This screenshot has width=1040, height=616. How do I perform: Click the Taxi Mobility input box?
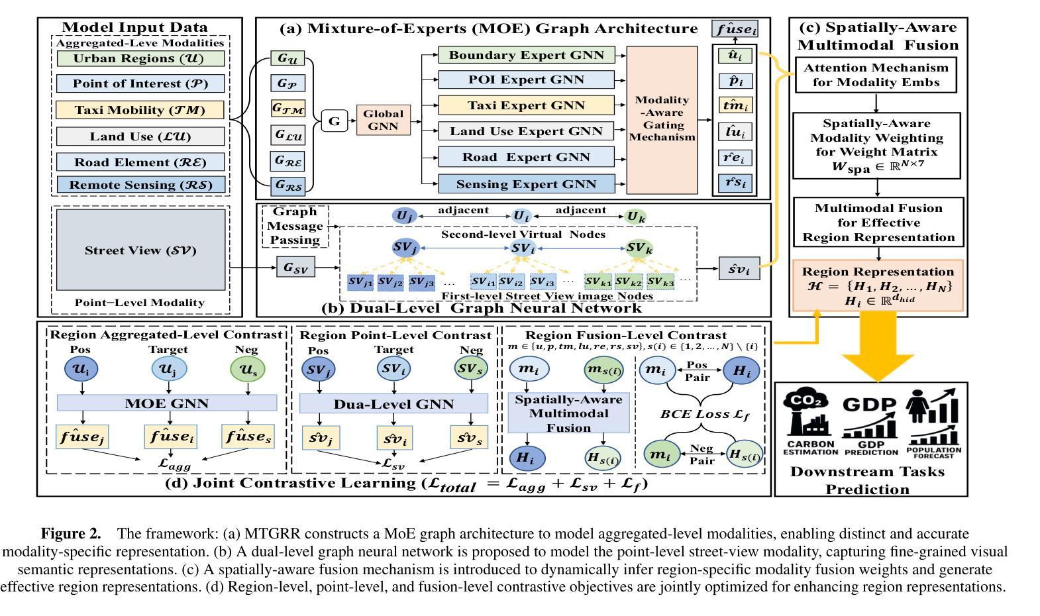pos(140,110)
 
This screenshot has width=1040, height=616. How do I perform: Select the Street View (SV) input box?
pos(140,250)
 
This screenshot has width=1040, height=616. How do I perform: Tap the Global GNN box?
pos(383,120)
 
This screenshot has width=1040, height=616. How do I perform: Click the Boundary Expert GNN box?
pos(526,55)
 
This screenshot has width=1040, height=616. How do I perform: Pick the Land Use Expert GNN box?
pos(526,131)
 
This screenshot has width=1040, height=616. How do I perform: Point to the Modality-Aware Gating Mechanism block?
pos(662,119)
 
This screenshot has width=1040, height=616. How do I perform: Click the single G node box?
pos(335,121)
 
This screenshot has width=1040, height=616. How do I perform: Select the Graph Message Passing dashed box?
pos(295,226)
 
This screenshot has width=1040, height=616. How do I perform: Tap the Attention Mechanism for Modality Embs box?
pos(876,76)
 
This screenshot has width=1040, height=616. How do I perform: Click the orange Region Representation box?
pos(878,285)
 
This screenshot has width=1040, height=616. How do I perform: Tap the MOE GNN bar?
pos(167,403)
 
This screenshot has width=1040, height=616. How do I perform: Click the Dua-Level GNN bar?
pos(393,403)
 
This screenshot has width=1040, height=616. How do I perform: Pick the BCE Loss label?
pos(704,415)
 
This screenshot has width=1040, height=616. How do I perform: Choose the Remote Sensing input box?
pos(140,185)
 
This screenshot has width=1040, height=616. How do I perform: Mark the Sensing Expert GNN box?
pos(526,184)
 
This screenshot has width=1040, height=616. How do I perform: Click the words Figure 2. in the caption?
pos(71,534)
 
